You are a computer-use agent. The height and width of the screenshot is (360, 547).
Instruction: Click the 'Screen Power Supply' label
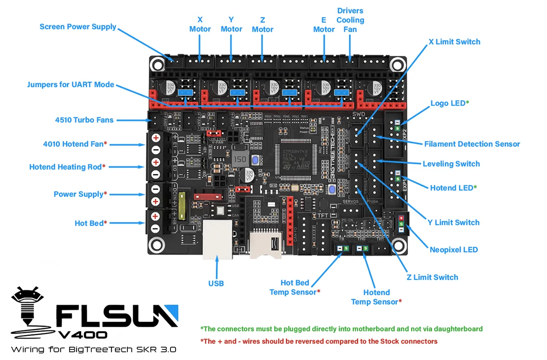pyautogui.click(x=78, y=27)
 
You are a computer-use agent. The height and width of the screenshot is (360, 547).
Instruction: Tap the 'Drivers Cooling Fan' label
pyautogui.click(x=350, y=20)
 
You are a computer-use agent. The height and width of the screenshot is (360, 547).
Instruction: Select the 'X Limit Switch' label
pyautogui.click(x=454, y=41)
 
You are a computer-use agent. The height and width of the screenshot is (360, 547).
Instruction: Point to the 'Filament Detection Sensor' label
pyautogui.click(x=472, y=144)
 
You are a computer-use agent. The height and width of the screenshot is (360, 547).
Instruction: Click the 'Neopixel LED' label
pyautogui.click(x=454, y=249)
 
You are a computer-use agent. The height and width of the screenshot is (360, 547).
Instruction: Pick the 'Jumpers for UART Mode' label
pyautogui.click(x=71, y=84)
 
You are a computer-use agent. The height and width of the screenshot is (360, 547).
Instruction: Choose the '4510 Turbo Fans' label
pyautogui.click(x=84, y=120)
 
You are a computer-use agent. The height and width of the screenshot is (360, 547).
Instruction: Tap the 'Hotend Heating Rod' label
pyautogui.click(x=65, y=167)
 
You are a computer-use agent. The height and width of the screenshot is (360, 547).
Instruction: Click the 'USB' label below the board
pyautogui.click(x=216, y=283)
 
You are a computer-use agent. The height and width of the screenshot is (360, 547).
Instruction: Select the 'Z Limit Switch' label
pyautogui.click(x=432, y=277)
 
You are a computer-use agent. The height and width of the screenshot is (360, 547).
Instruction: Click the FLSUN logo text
pyautogui.click(x=116, y=316)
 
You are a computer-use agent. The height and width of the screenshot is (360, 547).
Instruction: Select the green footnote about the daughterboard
pyautogui.click(x=341, y=329)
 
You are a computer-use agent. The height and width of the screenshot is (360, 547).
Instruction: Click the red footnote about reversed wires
pyautogui.click(x=319, y=341)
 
